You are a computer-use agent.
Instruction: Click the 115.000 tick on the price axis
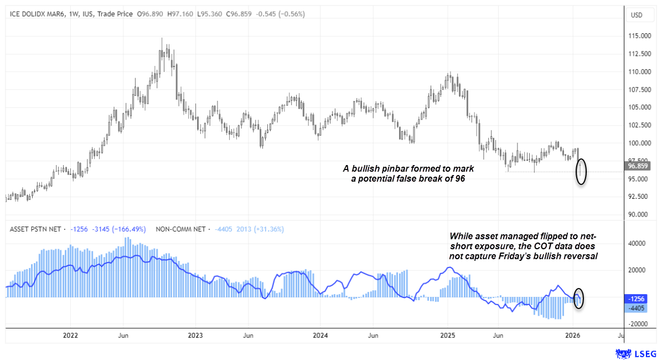[x=639, y=36]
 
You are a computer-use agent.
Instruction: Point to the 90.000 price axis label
[x=639, y=214]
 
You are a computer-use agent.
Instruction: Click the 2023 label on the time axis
[x=195, y=336]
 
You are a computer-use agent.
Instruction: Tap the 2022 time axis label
[x=70, y=336]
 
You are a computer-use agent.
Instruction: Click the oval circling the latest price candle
[x=581, y=172]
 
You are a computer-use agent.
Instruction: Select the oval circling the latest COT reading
[x=579, y=299]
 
